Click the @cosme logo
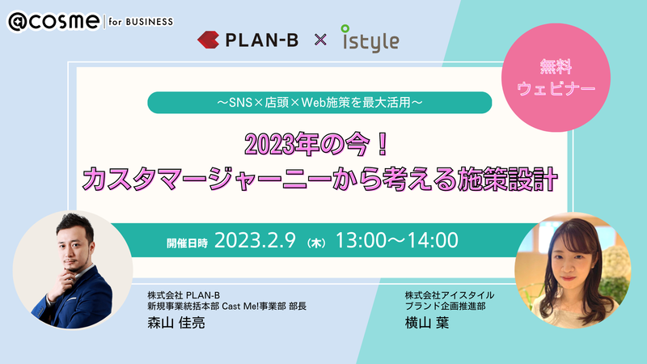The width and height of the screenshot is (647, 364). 54,22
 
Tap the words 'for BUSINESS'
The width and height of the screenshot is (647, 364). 141,22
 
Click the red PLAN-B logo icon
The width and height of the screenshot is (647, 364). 208,40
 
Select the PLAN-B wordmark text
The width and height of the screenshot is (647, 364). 261,40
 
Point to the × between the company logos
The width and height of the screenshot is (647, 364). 320,40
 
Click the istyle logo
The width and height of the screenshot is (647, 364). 370,39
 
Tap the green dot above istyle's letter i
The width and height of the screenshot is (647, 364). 345,28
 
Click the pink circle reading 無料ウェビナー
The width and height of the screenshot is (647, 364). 556,78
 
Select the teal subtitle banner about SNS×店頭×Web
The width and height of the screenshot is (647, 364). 319,103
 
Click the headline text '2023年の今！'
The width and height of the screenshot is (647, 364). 317,145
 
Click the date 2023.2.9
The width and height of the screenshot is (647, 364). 255,240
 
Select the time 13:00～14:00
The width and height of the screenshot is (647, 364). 397,240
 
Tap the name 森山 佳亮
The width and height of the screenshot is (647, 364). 176,322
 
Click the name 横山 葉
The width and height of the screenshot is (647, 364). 427,322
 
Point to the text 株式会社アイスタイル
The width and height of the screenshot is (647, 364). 450,295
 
